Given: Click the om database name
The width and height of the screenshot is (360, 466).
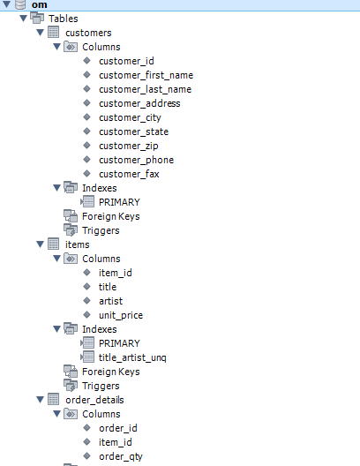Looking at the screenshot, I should tap(38, 5).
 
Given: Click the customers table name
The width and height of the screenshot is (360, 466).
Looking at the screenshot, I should tap(88, 33).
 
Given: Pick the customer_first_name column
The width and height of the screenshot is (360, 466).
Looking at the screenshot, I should tap(146, 75).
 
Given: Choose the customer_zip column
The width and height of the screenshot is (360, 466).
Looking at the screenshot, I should tap(131, 146).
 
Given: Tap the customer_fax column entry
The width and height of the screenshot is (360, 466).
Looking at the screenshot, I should tap(129, 174).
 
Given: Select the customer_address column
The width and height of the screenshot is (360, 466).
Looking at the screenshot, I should tap(139, 103).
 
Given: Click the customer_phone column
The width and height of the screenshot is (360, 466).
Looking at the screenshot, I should tap(136, 160).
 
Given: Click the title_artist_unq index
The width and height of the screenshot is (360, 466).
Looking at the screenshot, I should tap(131, 357).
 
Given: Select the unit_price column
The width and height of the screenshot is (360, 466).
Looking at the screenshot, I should tap(121, 315).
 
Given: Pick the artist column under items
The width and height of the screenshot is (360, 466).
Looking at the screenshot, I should tap(110, 301).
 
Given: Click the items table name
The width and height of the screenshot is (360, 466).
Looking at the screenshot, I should tap(78, 244).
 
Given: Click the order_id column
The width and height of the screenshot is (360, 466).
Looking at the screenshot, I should tap(118, 428).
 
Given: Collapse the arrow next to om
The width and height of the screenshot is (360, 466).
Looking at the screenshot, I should tap(8, 5).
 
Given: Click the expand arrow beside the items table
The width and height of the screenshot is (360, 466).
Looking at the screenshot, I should tap(40, 244).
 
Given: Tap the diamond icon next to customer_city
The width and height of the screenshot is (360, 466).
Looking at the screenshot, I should tap(86, 117).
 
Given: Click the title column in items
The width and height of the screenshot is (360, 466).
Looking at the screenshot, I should tap(108, 287).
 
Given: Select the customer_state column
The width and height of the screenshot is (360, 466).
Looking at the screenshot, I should tap(133, 132).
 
